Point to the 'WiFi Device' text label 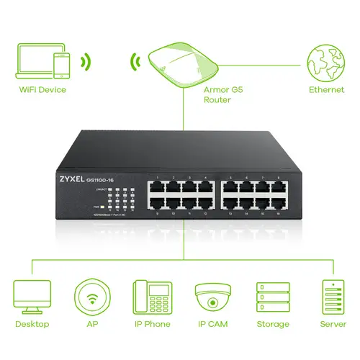42,90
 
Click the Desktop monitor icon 32,295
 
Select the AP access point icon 91,296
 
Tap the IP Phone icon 151,296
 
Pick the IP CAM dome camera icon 212,296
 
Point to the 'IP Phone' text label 152,325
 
